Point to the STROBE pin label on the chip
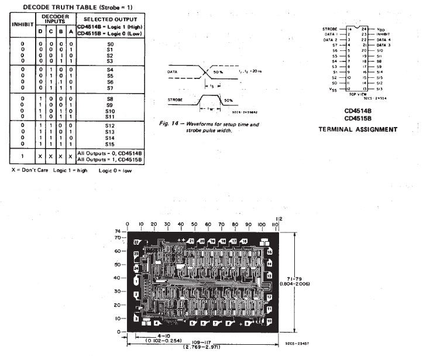pos(331,29)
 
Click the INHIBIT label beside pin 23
pos(383,34)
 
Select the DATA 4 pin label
pos(383,39)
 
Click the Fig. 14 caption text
pos(209,127)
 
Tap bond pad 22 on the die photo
pos(136,242)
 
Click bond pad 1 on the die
pos(136,282)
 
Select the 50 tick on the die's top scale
pos(195,225)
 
